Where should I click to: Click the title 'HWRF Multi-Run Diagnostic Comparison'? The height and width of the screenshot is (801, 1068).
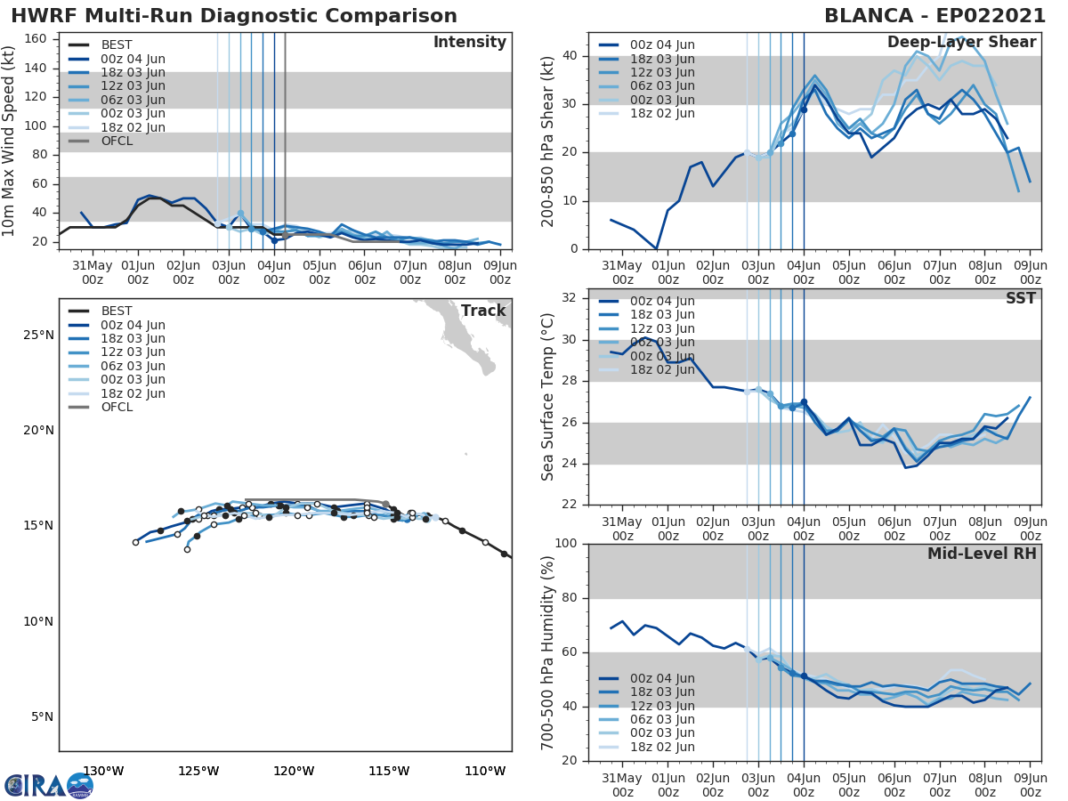(x=234, y=16)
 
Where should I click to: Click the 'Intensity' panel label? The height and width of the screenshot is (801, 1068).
(x=469, y=43)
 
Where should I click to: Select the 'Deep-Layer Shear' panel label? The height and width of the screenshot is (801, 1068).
(x=961, y=43)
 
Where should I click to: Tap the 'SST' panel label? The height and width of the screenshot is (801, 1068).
(x=1021, y=299)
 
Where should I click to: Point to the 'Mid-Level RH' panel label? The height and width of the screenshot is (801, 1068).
(x=982, y=554)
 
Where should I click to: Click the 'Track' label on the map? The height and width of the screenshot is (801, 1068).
(x=483, y=311)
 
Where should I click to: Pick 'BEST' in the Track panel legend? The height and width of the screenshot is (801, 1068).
(x=117, y=311)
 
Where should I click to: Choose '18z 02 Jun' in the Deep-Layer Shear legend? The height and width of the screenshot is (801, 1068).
(x=663, y=114)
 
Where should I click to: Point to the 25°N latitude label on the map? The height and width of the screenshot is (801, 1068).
(x=38, y=336)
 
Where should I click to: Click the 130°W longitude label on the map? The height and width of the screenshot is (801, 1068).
(x=103, y=771)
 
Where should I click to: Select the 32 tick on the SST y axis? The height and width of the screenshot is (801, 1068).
(x=570, y=298)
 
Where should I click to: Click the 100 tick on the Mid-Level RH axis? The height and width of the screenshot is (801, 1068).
(x=566, y=544)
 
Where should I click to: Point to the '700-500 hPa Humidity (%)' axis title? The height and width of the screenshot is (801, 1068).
(x=548, y=652)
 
